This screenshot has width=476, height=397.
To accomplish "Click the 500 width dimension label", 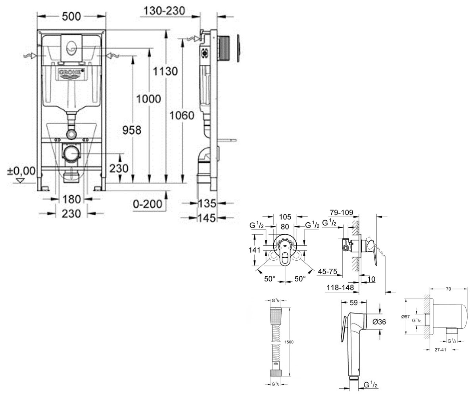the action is (x=71, y=16).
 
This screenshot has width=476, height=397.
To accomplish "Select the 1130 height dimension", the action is (x=165, y=71).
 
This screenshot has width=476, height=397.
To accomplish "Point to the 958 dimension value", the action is (x=132, y=130).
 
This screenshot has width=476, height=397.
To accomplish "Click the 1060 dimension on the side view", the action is (x=182, y=115).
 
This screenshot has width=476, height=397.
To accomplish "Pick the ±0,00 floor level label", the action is (x=21, y=171).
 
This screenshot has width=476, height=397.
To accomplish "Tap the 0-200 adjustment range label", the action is (x=148, y=204).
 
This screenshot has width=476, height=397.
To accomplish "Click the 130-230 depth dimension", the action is (x=164, y=11).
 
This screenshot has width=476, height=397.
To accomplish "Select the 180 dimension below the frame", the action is (x=71, y=199).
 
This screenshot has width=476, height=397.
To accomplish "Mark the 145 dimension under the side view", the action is (x=207, y=218).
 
